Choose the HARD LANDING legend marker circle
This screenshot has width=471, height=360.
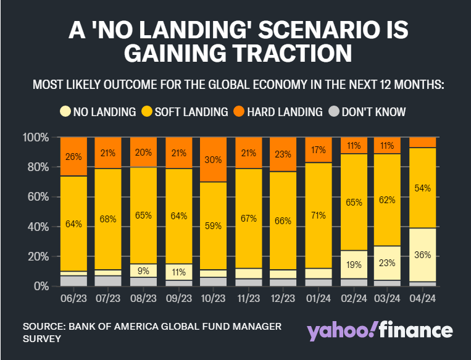[239, 112]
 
